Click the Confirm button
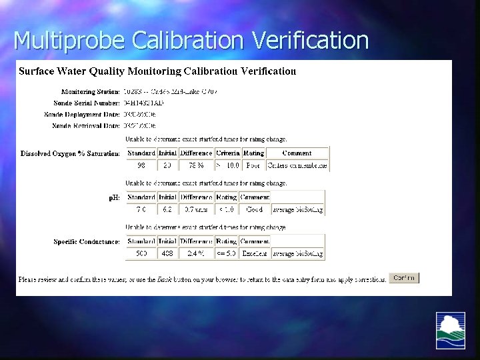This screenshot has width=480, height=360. [x=404, y=278]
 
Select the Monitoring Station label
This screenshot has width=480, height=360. [x=91, y=91]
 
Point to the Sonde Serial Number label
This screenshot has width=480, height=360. [x=87, y=103]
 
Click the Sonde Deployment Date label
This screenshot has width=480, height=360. [x=82, y=114]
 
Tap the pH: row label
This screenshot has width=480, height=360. [x=114, y=197]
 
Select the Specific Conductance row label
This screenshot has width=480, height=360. [x=87, y=241]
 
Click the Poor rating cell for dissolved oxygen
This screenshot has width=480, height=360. [x=253, y=165]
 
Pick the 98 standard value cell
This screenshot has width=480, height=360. [x=141, y=165]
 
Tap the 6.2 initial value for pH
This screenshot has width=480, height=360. [x=167, y=209]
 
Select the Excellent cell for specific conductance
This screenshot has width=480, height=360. [x=226, y=253]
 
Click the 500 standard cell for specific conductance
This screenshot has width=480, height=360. [x=141, y=253]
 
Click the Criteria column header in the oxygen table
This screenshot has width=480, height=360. [x=227, y=153]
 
